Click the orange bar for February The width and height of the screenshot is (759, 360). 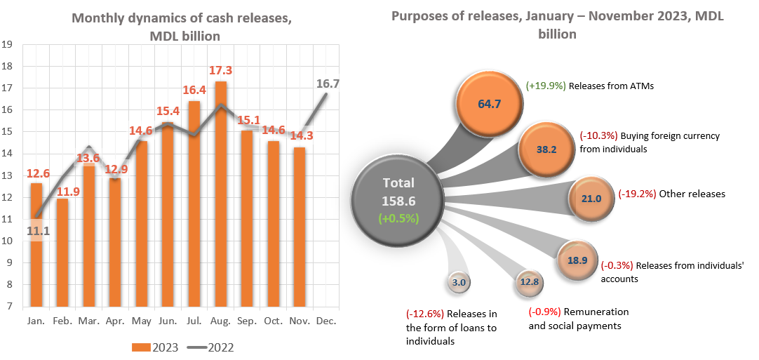[x=63, y=253]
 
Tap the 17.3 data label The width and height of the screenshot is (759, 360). [x=221, y=71]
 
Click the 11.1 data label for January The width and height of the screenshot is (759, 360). [x=36, y=229]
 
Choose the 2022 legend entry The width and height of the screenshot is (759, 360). [x=211, y=347]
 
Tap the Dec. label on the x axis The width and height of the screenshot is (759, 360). [x=326, y=320]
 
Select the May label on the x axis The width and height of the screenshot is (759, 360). [x=142, y=320]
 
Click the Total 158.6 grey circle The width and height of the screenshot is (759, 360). [x=398, y=200]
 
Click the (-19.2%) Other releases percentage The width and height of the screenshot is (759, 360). [x=637, y=194]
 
